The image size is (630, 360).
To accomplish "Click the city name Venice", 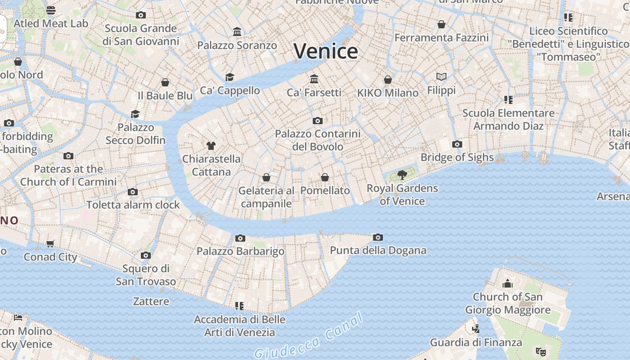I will point(326,51).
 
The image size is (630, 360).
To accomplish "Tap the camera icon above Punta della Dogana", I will point(378,237).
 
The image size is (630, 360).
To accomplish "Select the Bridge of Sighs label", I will point(457,157).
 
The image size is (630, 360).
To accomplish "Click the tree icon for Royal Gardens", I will point(402,175).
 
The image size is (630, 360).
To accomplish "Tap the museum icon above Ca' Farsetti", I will point(314,79).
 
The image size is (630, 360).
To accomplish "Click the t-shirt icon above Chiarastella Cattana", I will point(211,145).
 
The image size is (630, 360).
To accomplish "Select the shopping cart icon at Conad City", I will point(50,243).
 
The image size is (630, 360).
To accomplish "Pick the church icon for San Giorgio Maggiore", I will point(508,283).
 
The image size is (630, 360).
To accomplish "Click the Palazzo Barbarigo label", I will point(240,251).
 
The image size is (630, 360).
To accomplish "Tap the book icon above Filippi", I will point(441,77).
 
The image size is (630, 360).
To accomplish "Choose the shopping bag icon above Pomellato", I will point(325,177).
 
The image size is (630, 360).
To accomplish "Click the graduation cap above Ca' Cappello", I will point(230,77).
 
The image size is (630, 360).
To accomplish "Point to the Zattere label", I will point(151,301).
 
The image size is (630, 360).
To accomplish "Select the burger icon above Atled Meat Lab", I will point(51,10).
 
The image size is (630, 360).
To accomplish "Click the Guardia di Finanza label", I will point(476,342).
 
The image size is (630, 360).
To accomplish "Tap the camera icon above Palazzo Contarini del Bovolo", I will point(318,121).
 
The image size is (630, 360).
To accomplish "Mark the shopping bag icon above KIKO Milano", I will point(388,80).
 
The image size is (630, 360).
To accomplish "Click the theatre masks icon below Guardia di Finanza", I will point(540,351).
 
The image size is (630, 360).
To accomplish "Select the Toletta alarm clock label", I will point(133,205).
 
